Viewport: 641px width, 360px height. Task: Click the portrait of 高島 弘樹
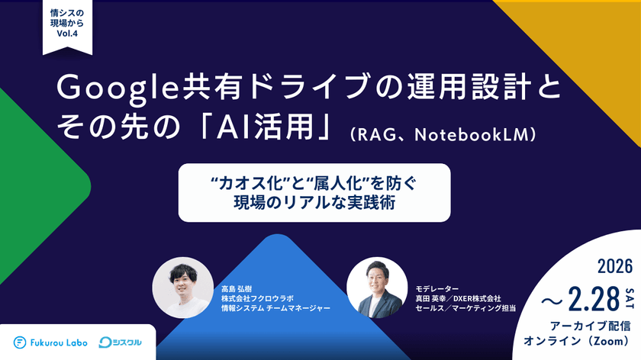point(182,287)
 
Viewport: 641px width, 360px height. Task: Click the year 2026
point(617,267)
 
